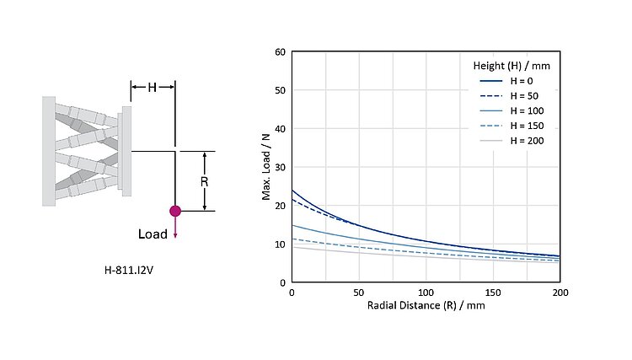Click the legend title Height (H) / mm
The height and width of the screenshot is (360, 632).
[x=511, y=65]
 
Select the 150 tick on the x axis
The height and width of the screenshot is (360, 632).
[x=493, y=292]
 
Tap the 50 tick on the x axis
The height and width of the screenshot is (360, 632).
[x=359, y=292]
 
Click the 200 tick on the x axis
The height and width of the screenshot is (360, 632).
[x=560, y=292]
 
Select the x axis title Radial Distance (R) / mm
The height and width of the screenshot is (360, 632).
[x=426, y=305]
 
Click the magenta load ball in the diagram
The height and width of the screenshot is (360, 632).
[x=175, y=211]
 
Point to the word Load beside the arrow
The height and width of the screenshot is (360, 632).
[x=153, y=233]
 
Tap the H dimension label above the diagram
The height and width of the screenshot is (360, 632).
[x=153, y=87]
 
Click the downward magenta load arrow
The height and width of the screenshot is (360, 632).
[x=175, y=228]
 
